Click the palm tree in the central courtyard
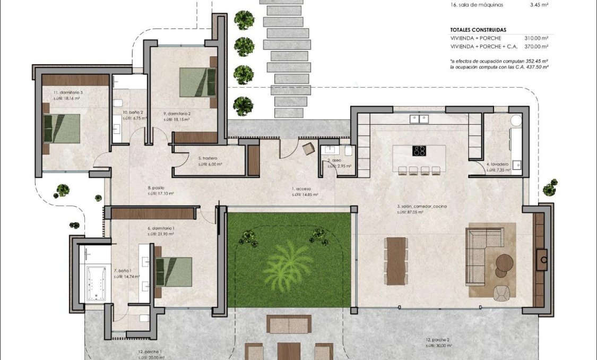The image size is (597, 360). [289, 260]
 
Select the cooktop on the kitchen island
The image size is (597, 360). [419, 151]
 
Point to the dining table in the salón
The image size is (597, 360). [396, 261]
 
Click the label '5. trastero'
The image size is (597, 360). [207, 158]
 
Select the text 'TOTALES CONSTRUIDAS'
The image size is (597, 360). [478, 30]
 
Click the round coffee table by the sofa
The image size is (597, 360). [505, 262]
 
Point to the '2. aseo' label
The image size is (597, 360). [333, 160]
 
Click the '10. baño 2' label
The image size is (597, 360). [133, 113]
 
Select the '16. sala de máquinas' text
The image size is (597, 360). [477, 5]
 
